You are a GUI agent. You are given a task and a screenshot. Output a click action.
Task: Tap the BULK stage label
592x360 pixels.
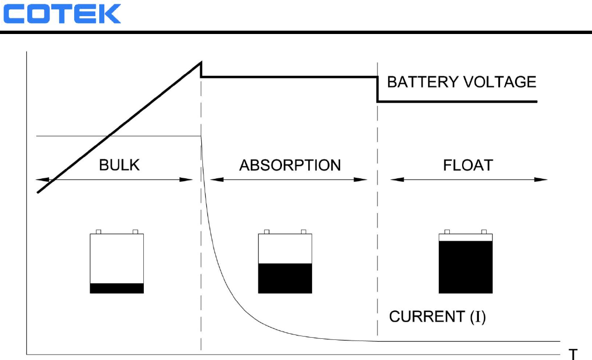(x=119, y=166)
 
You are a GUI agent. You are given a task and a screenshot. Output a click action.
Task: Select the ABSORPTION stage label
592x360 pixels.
(x=290, y=166)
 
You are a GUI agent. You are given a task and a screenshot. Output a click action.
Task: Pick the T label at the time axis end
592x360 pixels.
(x=572, y=354)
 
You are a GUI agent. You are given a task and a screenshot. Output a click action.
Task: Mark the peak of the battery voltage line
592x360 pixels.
(x=200, y=62)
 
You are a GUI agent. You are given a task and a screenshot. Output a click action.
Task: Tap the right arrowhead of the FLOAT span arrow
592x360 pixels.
(x=542, y=179)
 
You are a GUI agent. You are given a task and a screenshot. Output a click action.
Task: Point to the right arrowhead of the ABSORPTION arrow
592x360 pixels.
(x=362, y=179)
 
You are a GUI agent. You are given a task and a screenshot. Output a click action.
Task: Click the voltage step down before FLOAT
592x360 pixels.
(x=378, y=89)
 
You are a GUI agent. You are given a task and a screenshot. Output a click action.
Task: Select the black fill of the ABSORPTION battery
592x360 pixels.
(x=285, y=278)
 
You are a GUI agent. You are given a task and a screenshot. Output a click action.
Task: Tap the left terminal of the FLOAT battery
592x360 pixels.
(x=448, y=231)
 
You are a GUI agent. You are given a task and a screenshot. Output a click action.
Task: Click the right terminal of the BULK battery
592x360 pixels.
(x=135, y=231)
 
